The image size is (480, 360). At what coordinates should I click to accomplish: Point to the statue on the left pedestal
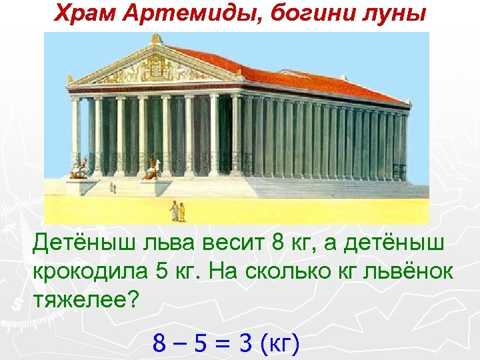point(81,169)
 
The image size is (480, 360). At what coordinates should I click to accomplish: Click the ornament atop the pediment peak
point(157,39)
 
